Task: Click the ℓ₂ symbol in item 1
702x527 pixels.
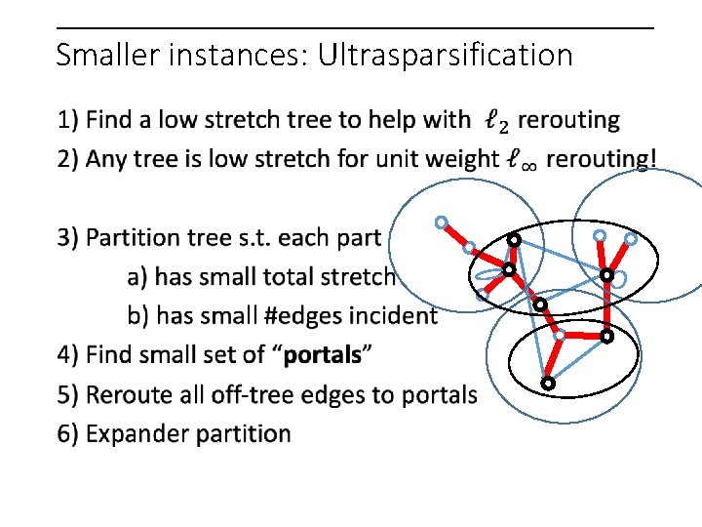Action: coord(496,122)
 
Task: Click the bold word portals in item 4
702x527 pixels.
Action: coord(322,355)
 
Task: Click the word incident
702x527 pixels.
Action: coord(394,315)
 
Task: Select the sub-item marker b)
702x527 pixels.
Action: coord(138,315)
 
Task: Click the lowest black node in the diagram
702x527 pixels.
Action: coord(548,384)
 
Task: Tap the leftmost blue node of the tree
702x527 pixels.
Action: coord(442,223)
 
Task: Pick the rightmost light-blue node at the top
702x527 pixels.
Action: coord(631,238)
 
